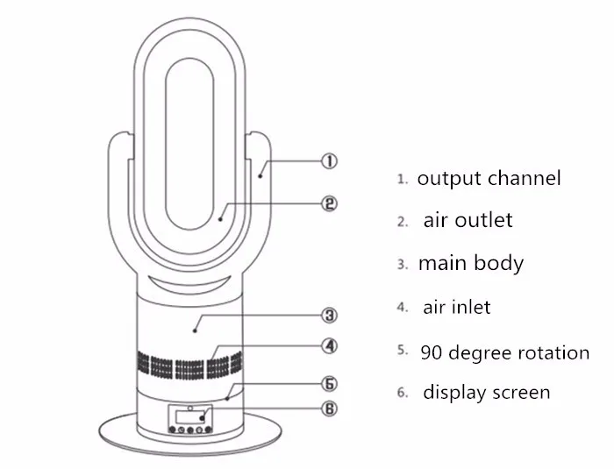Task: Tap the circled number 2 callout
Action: click(x=329, y=203)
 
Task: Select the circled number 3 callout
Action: click(x=329, y=315)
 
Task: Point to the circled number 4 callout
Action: click(x=329, y=345)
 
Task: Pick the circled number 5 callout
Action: click(x=329, y=384)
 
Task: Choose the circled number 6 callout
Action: click(x=329, y=408)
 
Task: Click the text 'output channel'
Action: click(x=489, y=179)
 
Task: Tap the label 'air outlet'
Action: click(x=468, y=220)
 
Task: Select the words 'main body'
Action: click(x=470, y=263)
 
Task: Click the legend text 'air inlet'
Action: click(x=456, y=307)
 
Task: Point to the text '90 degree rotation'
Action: click(x=504, y=352)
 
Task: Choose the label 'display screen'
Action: click(x=487, y=392)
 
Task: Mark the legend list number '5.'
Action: click(x=403, y=350)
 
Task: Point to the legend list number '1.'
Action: click(x=403, y=179)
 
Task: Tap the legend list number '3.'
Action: click(x=403, y=264)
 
